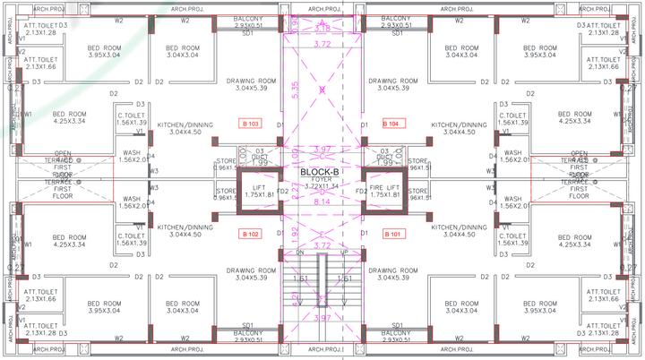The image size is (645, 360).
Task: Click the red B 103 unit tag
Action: (250, 123)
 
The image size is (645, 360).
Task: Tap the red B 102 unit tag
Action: (250, 235)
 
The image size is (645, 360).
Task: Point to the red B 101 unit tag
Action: (394, 235)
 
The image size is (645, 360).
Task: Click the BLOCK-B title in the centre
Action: (320, 172)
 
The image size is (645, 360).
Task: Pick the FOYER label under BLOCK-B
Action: (320, 179)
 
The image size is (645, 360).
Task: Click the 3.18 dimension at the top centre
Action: (322, 29)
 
